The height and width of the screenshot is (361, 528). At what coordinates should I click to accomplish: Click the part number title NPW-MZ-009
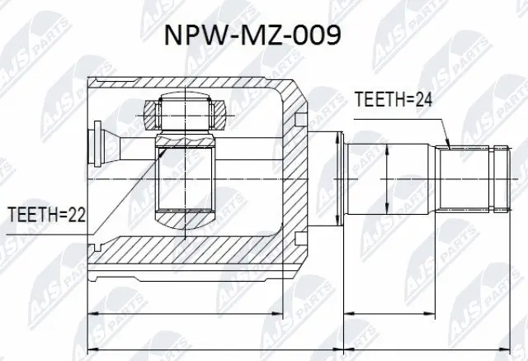point(262,36)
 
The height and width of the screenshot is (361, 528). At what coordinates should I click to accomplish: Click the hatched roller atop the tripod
point(186,110)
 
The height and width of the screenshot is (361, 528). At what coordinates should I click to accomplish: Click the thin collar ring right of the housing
point(338,177)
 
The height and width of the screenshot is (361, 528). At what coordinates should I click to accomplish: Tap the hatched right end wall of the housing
point(297,178)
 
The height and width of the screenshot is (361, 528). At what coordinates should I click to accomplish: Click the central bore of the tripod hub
point(186,178)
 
